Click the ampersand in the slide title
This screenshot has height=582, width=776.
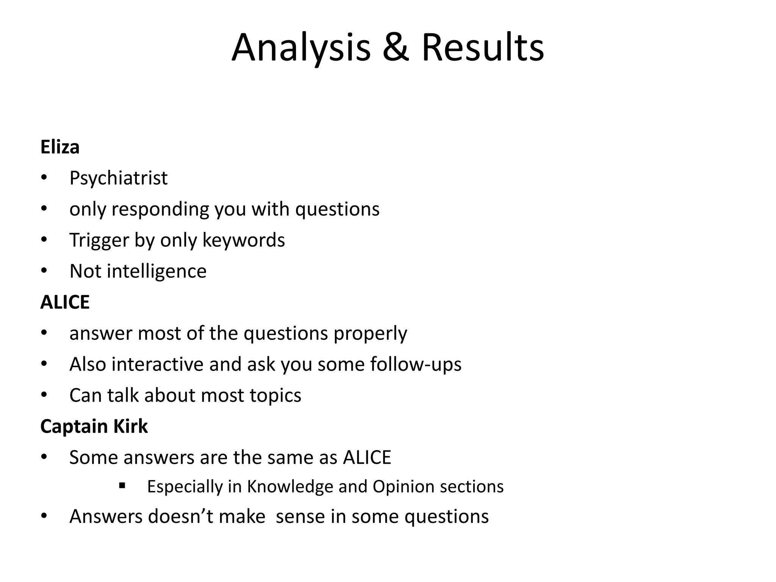396,48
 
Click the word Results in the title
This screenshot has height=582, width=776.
483,48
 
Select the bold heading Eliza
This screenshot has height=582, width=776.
60,147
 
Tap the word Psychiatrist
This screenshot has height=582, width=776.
118,178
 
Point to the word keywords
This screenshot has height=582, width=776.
244,240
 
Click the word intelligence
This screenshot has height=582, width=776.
157,271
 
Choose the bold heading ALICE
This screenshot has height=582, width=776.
65,302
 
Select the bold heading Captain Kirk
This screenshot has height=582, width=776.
94,427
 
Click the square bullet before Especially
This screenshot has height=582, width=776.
122,485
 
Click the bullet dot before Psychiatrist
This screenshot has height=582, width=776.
44,178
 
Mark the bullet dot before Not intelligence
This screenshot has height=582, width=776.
44,271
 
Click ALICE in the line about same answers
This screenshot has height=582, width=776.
367,458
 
